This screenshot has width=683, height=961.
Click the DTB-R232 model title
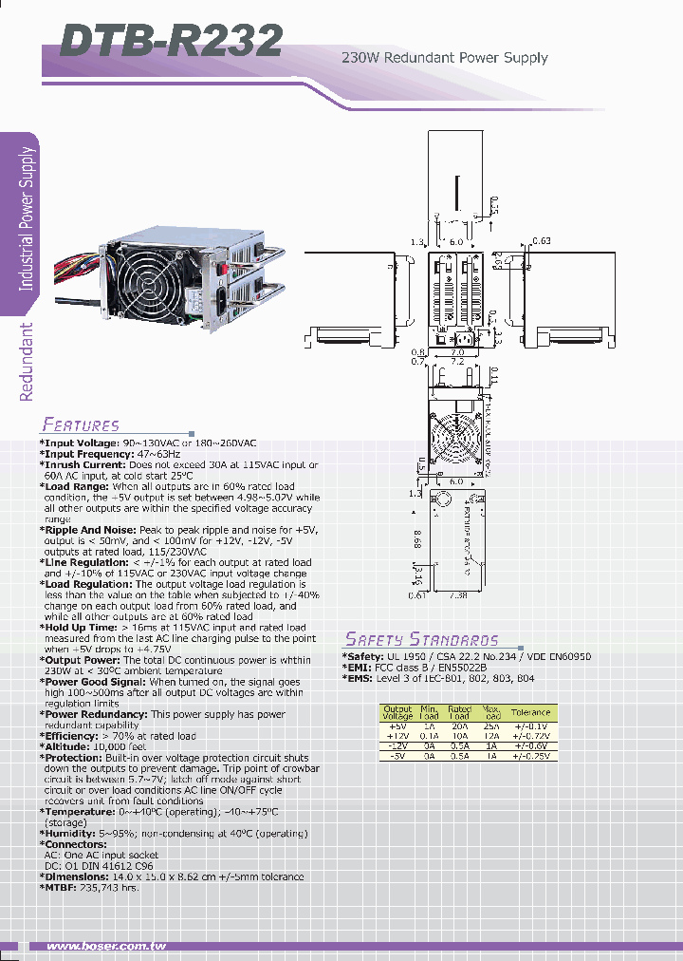coord(171,40)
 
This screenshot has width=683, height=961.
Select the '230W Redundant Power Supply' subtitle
coord(444,58)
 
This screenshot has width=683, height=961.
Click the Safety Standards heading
coord(420,639)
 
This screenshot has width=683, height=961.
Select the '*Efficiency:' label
coord(73,736)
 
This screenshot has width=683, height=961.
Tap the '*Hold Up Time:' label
coord(80,627)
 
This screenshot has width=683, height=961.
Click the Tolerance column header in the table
coord(530,711)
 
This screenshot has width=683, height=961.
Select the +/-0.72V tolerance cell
coord(530,736)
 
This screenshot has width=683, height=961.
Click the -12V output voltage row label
coord(397,745)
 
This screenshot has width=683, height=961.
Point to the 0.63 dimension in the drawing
coord(542,241)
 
